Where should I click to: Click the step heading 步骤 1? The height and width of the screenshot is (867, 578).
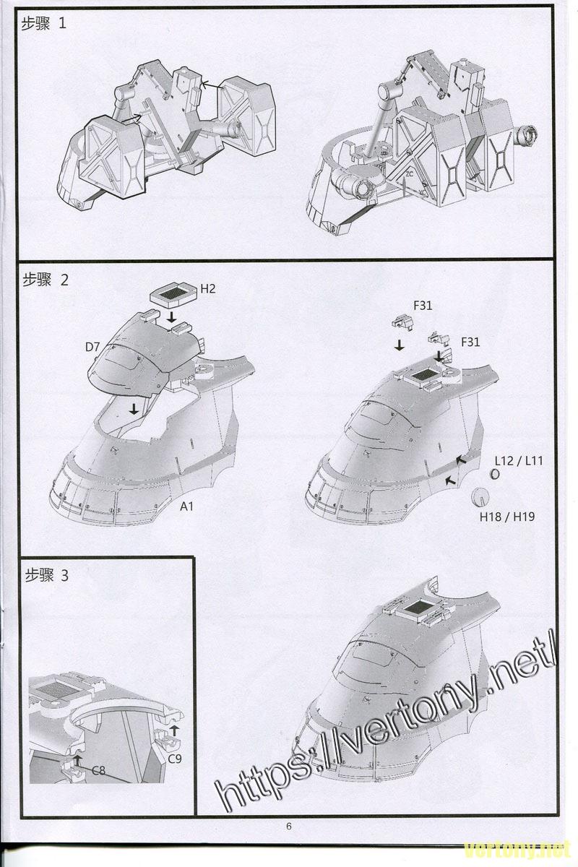[x=43, y=24]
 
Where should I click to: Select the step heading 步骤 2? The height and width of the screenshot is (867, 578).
[x=46, y=280]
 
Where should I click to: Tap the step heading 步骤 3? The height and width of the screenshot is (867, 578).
[x=46, y=576]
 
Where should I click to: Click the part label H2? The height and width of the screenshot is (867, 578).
[x=208, y=289]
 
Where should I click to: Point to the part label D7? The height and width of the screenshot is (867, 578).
[x=92, y=348]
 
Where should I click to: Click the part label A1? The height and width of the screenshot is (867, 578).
[x=186, y=506]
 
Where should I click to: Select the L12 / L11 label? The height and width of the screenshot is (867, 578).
[x=519, y=461]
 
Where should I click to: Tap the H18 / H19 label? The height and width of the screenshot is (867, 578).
[x=507, y=517]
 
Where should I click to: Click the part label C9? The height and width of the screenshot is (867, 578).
[x=175, y=759]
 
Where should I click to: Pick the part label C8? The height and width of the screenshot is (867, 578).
[x=98, y=770]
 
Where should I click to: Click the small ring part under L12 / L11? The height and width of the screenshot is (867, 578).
[x=495, y=474]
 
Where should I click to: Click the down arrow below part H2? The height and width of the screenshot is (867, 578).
[x=171, y=317]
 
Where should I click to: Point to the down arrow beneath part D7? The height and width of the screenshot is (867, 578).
[x=134, y=409]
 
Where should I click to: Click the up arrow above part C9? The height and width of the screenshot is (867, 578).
[x=174, y=731]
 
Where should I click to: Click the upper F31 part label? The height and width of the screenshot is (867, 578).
[x=423, y=306]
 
